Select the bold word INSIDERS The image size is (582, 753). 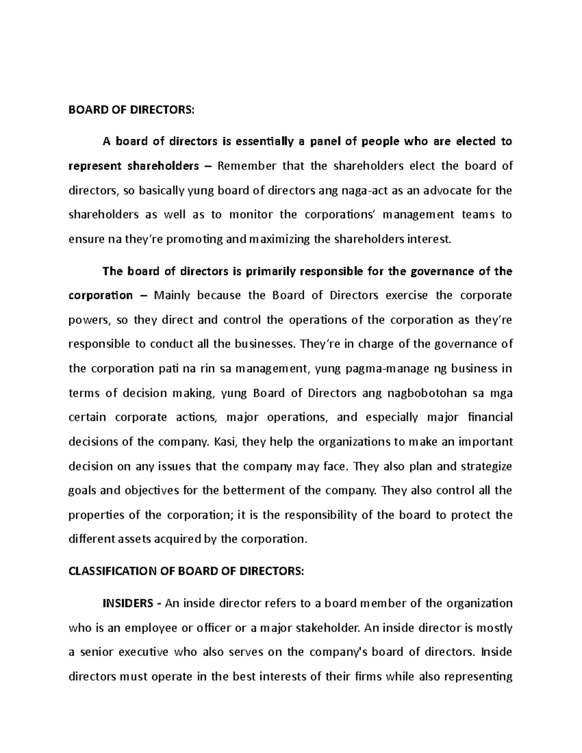[127, 604]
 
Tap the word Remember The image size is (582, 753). [247, 166]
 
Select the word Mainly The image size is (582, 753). [172, 296]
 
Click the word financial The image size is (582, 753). [490, 417]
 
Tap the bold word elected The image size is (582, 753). [475, 142]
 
